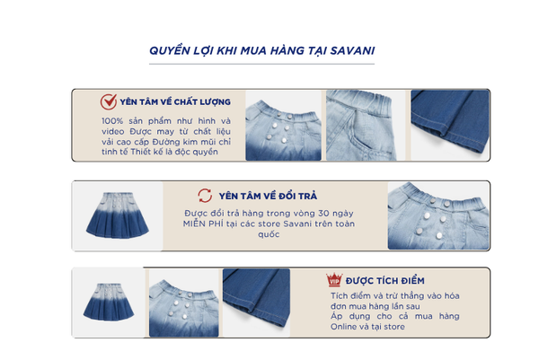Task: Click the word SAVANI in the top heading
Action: click(x=352, y=51)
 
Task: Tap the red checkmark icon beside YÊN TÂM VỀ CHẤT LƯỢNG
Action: click(x=109, y=101)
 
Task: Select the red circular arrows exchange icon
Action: click(x=205, y=196)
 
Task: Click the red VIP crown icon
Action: click(x=334, y=280)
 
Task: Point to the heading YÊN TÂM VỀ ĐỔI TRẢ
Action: click(x=268, y=196)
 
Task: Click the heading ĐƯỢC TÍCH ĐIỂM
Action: click(x=385, y=281)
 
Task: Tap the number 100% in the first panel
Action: click(x=112, y=121)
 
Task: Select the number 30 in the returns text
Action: click(x=323, y=214)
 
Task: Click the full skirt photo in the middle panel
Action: click(x=117, y=215)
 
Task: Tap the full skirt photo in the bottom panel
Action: click(x=109, y=303)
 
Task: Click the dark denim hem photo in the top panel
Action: click(x=450, y=125)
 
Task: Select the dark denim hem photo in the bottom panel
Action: click(x=256, y=303)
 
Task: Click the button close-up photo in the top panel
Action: click(x=283, y=126)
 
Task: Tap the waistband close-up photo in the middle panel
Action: click(x=438, y=215)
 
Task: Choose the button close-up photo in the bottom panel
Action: click(x=184, y=303)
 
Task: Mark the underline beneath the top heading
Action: click(x=261, y=64)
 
